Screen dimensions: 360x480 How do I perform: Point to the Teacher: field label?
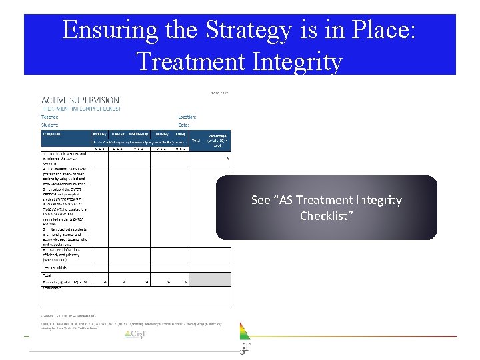click(51, 116)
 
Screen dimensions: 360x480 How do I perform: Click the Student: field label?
click(51, 125)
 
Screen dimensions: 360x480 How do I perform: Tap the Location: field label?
click(187, 116)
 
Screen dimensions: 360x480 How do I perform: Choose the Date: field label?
click(183, 125)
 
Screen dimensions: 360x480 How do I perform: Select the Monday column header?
click(99, 134)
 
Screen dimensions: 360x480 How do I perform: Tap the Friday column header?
click(181, 134)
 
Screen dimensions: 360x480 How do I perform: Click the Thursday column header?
click(161, 134)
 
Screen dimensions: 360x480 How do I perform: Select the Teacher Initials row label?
click(56, 266)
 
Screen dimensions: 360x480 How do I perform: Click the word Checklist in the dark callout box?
click(327, 216)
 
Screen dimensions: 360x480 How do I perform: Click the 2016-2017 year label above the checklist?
click(218, 93)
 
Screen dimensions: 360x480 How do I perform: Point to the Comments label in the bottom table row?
click(52, 288)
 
